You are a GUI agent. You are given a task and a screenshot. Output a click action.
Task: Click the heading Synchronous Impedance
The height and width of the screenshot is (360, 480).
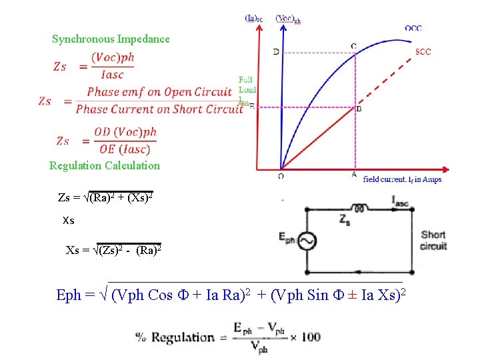tap(111, 39)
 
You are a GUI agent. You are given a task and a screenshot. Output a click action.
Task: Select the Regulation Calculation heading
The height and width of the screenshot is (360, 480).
tap(105, 165)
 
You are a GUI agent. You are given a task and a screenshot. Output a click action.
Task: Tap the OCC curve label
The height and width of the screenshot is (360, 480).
tap(413, 28)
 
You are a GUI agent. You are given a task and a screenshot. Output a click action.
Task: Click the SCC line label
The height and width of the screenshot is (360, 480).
tap(423, 51)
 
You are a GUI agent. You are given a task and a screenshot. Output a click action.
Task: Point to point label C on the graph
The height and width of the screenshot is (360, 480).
tap(353, 46)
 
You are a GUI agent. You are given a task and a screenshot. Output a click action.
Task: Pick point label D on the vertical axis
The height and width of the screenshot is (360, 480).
tap(276, 51)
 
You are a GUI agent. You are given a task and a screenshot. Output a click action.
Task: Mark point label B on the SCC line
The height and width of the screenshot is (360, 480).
tap(359, 108)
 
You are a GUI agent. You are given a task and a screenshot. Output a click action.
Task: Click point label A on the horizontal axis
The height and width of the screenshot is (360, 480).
tap(354, 175)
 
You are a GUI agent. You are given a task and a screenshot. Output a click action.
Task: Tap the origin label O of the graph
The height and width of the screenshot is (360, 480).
tap(280, 177)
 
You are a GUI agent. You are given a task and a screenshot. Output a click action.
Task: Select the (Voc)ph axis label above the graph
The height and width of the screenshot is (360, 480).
tap(288, 19)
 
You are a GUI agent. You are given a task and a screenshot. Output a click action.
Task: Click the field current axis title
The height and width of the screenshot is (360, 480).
tap(402, 179)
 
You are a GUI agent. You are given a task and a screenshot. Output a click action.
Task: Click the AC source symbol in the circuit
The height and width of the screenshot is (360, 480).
tap(307, 241)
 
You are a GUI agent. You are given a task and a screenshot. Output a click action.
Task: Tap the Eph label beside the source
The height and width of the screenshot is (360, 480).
tap(287, 237)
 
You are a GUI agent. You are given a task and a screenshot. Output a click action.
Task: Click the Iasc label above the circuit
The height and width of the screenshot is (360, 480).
tap(402, 198)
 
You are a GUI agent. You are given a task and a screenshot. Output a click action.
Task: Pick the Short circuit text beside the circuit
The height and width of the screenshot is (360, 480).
tap(433, 240)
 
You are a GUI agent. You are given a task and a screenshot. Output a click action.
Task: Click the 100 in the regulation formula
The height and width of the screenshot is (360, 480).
tap(311, 337)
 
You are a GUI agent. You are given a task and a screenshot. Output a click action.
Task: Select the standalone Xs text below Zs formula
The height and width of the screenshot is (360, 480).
tap(68, 220)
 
